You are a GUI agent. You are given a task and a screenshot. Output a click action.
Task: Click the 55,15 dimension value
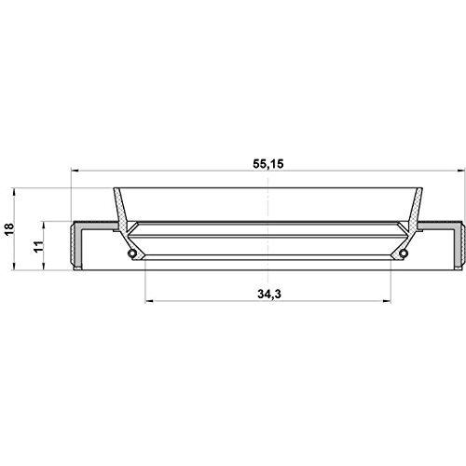[x=268, y=164]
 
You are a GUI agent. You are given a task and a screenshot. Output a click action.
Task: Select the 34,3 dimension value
[x=269, y=294]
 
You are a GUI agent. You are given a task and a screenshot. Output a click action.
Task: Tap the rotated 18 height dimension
[x=9, y=229]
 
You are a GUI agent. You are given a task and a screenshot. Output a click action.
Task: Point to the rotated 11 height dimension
[x=38, y=246]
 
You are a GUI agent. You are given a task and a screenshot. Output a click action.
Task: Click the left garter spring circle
[x=132, y=254]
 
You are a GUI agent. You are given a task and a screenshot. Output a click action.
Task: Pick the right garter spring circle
[x=404, y=254]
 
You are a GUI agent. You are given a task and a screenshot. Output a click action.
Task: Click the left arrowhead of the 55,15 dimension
[x=75, y=171]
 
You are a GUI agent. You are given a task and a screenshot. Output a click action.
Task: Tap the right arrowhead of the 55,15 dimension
[x=462, y=171]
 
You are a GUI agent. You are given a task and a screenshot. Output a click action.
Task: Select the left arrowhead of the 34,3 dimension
[x=149, y=301]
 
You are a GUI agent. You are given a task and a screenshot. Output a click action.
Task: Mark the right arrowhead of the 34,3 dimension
[x=387, y=301]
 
